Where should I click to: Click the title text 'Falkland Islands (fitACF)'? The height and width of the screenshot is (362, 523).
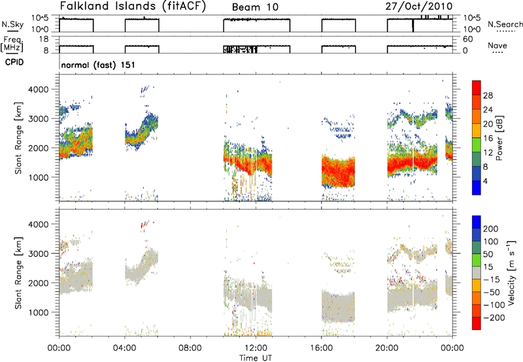133,7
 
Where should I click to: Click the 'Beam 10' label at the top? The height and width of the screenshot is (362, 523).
255,7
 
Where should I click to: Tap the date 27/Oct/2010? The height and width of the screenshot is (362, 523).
419,7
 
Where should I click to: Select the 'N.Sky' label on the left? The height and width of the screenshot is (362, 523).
12,24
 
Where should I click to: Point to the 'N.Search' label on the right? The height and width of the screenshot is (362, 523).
505,24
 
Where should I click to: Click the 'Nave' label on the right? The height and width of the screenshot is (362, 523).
498,45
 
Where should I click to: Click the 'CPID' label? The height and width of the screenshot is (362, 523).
14,62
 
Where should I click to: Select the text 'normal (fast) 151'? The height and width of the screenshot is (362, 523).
98,65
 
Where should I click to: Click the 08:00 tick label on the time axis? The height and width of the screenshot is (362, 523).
190,348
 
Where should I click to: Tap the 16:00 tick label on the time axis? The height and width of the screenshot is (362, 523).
321,348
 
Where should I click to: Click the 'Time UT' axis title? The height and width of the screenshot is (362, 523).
256,358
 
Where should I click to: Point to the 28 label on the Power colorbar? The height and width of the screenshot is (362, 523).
488,95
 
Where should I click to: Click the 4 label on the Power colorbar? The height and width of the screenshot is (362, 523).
485,181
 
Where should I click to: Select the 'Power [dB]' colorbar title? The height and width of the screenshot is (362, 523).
499,138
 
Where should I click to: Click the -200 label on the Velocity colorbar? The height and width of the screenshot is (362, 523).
494,318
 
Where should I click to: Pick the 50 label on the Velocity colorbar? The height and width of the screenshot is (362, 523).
488,254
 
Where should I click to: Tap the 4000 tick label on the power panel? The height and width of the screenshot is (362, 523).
39,90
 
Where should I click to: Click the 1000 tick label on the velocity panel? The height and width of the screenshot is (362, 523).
39,312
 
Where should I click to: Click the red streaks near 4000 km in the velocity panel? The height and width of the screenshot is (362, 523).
145,224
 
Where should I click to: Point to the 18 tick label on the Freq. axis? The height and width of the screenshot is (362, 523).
44,39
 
